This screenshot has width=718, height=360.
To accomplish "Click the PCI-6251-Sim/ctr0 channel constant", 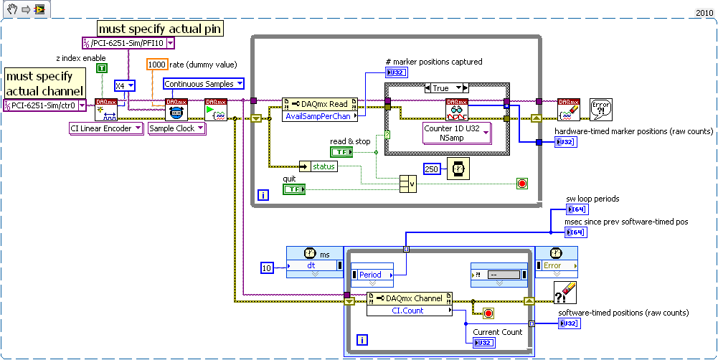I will click(44, 105).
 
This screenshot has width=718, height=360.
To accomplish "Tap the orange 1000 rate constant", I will click(156, 65).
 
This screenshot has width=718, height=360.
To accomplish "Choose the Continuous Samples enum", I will click(204, 84).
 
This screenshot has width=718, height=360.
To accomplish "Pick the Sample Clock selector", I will click(176, 128).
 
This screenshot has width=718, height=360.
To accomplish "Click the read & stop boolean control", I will click(340, 152).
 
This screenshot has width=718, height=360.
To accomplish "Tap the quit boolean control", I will click(293, 189).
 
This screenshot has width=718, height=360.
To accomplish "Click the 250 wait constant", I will click(431, 169).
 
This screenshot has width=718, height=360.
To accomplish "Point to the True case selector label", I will click(446, 88).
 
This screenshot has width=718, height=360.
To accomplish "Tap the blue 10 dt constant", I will click(267, 267).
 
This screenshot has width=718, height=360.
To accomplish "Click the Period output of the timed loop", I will click(372, 275).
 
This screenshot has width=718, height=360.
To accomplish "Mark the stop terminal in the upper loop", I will click(521, 184).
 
